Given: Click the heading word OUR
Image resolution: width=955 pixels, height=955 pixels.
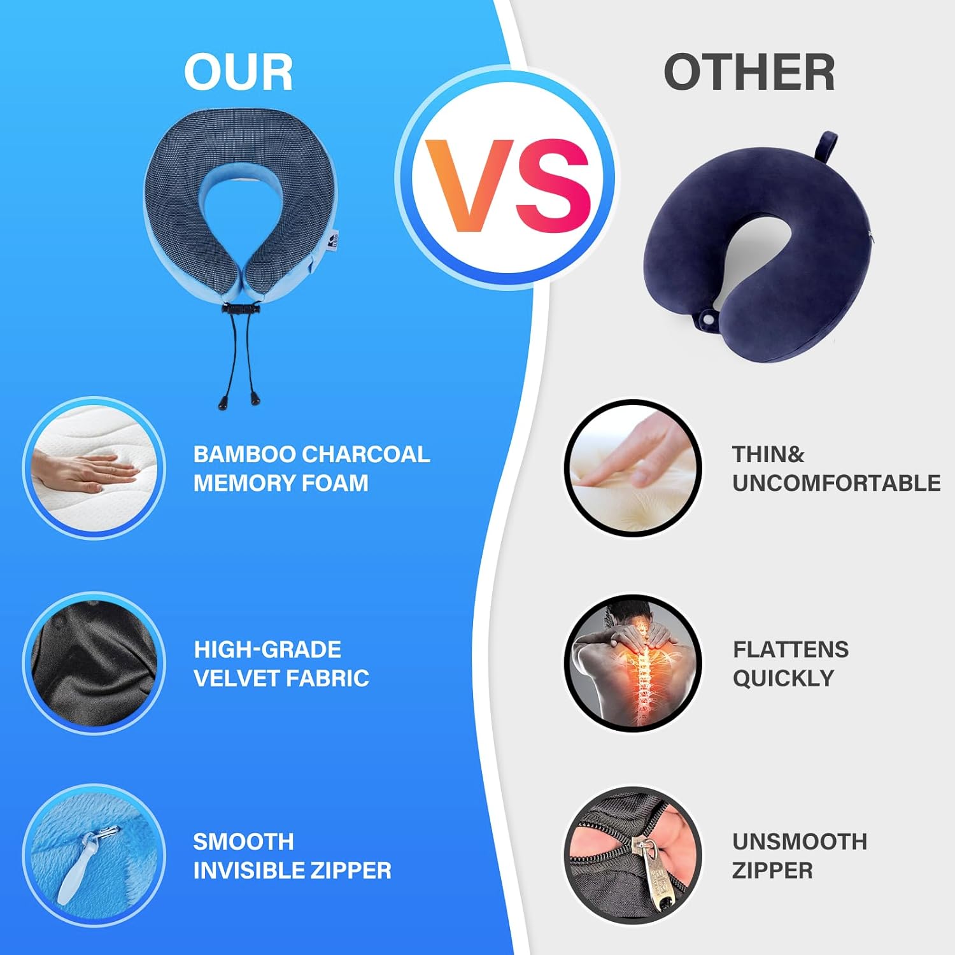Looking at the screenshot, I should (239, 72).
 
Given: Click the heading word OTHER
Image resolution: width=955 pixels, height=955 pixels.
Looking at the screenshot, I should (749, 72).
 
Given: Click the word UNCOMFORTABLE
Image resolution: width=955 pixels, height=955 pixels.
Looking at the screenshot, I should (836, 483).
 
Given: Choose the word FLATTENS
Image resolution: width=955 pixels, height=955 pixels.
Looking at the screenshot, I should (790, 649).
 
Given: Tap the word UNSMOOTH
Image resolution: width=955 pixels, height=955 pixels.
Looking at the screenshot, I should (799, 842).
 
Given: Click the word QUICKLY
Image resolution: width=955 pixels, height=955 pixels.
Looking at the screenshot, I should (782, 678).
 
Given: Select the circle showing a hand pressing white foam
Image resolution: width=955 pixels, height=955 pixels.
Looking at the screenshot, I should (94, 469).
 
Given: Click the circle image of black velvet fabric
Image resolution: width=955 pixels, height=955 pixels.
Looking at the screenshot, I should (94, 663).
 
